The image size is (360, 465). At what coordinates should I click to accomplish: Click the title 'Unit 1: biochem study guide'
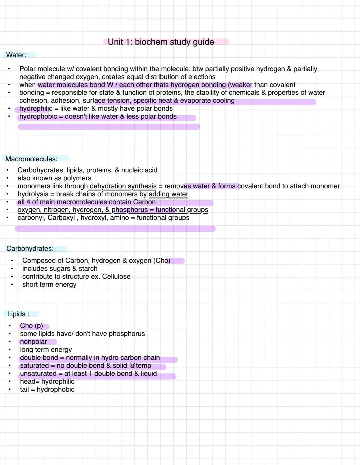tap(161, 42)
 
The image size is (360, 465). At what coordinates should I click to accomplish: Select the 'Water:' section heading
tap(16, 55)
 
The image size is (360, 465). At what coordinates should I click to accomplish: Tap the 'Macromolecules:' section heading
tap(31, 159)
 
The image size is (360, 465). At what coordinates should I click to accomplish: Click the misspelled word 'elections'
tap(200, 77)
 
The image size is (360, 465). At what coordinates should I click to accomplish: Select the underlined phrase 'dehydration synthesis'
tap(123, 186)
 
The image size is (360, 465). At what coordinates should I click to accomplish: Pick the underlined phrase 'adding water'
tap(168, 194)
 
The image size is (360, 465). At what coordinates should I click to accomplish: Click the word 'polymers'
tap(77, 178)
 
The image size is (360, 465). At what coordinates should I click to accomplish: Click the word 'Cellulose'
tap(116, 276)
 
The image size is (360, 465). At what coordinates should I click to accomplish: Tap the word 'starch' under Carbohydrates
tap(88, 268)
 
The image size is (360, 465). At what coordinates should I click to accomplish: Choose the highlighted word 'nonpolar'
tap(33, 342)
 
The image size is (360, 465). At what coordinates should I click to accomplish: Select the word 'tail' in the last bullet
tap(24, 389)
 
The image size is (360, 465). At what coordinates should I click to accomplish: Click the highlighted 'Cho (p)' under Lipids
tap(31, 326)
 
